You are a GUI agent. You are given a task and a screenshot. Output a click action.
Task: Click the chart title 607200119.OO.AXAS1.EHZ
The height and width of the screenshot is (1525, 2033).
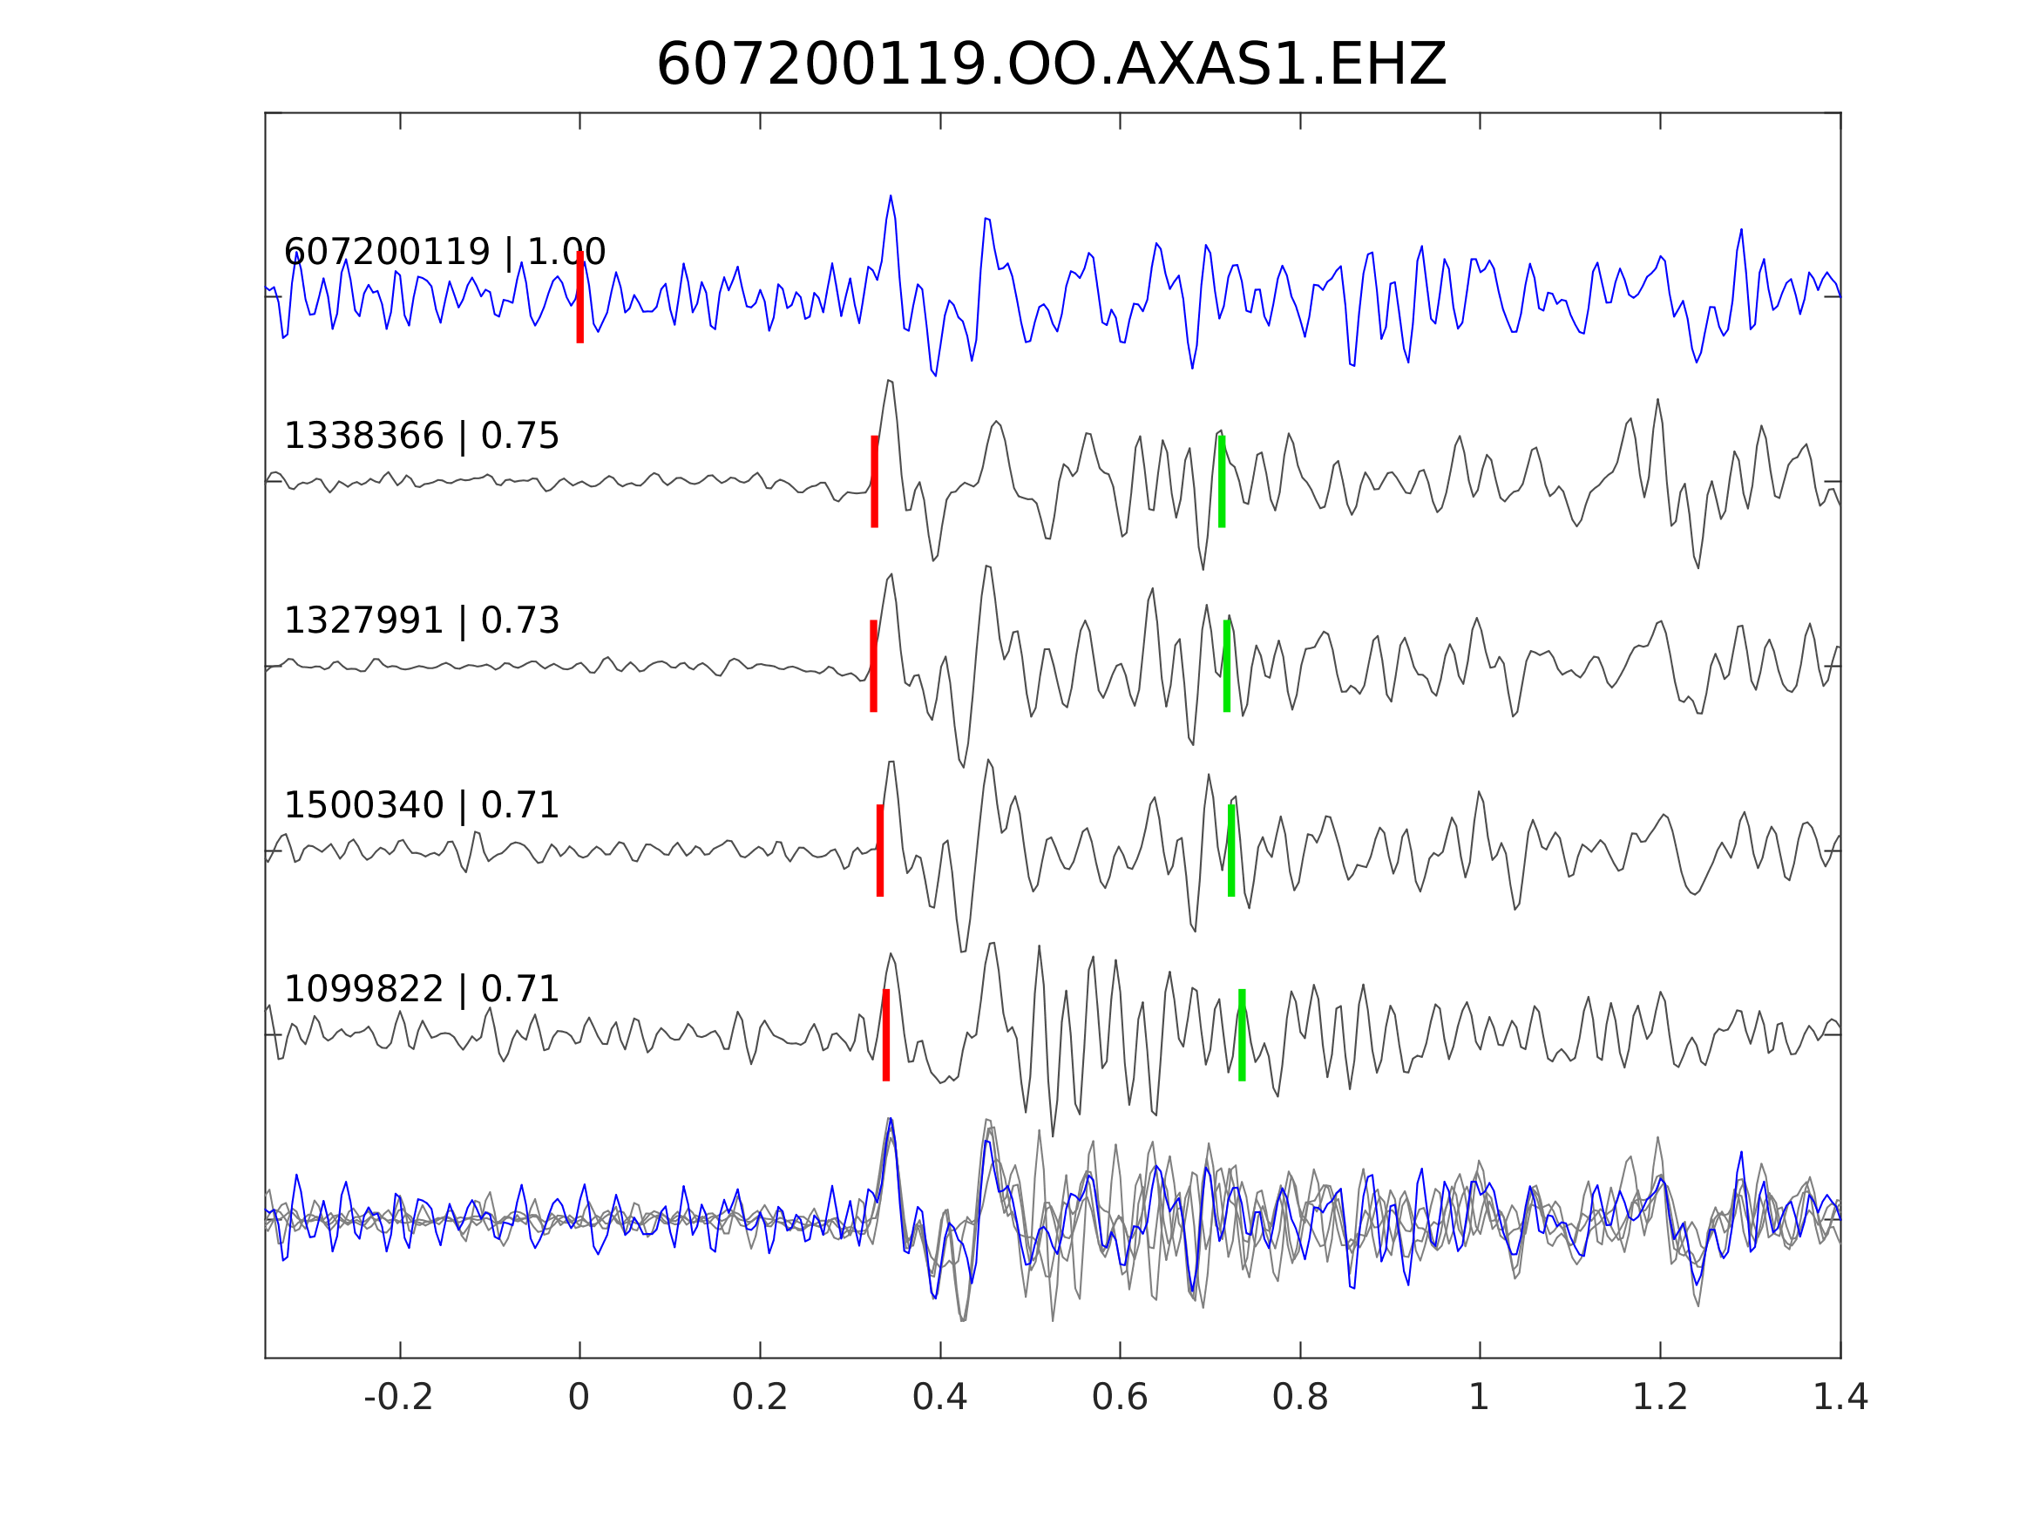click(x=1051, y=65)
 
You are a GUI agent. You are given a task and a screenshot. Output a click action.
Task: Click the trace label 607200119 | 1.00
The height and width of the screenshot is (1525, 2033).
click(x=444, y=252)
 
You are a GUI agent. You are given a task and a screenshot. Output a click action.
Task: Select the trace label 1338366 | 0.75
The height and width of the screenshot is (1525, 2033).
click(x=421, y=436)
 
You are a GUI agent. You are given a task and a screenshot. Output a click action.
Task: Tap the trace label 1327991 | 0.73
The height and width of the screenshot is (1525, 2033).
click(x=421, y=620)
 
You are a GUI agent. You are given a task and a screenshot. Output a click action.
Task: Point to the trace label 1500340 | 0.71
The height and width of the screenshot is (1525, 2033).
click(x=421, y=805)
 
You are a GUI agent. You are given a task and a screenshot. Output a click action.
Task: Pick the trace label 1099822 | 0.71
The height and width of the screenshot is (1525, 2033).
click(x=421, y=989)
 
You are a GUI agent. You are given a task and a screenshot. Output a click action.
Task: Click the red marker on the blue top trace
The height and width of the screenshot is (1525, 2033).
click(x=580, y=297)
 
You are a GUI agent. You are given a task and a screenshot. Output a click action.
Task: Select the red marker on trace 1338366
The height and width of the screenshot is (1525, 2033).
click(x=874, y=482)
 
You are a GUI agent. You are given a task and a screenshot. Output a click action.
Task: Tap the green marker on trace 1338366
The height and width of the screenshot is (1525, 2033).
click(x=1222, y=482)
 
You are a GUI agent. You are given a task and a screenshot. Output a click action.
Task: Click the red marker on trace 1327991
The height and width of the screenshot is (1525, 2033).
click(x=873, y=667)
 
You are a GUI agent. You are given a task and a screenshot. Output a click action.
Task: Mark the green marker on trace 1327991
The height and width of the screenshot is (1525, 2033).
click(x=1226, y=667)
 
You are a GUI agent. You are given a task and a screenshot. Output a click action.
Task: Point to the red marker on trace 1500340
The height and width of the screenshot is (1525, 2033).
click(x=879, y=851)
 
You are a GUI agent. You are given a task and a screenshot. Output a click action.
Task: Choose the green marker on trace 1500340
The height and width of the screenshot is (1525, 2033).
click(x=1230, y=851)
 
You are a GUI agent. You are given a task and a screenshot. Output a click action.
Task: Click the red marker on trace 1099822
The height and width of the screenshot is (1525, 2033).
click(x=886, y=1035)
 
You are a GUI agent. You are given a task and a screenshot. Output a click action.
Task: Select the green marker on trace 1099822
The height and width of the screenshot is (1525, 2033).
click(x=1242, y=1035)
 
